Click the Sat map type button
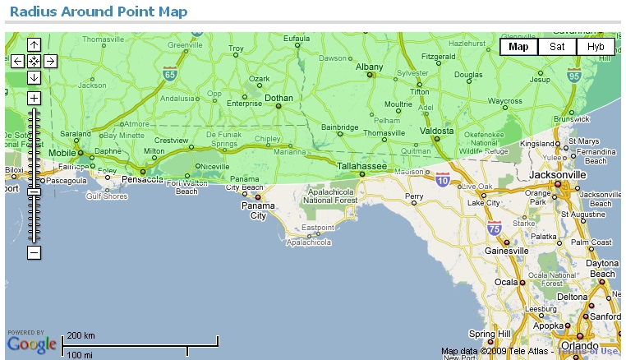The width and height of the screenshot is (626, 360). click(557, 47)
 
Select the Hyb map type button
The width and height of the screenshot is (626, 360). click(596, 47)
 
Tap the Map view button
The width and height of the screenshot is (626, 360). click(518, 47)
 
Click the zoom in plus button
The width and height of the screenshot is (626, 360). click(34, 98)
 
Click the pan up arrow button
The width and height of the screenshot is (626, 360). click(34, 44)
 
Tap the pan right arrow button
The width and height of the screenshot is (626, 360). click(50, 61)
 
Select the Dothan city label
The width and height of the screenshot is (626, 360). click(278, 98)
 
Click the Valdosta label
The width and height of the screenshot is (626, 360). click(437, 131)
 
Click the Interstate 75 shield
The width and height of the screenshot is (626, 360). click(494, 228)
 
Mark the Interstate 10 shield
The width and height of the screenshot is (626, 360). click(443, 179)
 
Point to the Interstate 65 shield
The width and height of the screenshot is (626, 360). click(169, 73)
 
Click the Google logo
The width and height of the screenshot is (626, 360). click(32, 343)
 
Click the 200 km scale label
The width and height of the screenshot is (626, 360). click(81, 336)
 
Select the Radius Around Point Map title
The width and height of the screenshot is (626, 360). click(98, 12)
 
